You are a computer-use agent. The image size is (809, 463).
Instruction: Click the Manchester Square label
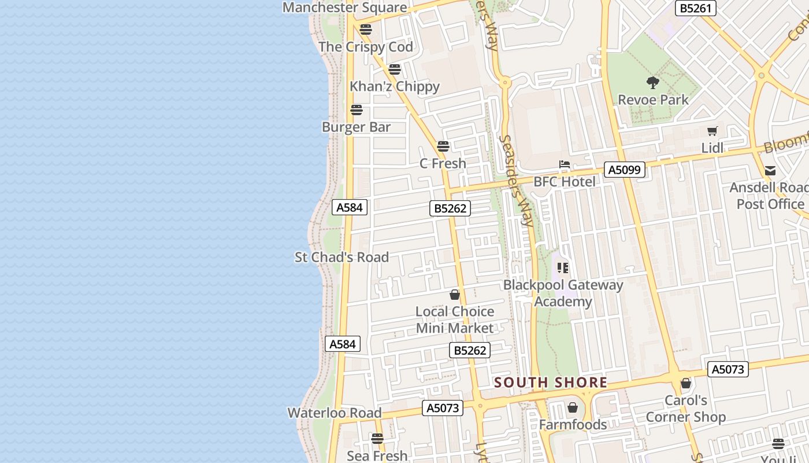(x=344, y=8)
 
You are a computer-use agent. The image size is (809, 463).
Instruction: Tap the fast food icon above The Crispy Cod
(x=365, y=30)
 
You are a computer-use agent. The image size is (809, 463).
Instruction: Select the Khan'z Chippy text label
(x=395, y=87)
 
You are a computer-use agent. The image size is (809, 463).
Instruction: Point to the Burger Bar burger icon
(x=357, y=110)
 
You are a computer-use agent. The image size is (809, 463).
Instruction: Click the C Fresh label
(x=443, y=164)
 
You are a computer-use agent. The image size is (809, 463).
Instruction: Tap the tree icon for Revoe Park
(x=653, y=83)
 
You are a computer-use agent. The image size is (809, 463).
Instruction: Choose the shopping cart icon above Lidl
(x=712, y=131)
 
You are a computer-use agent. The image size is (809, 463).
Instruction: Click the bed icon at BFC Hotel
(x=564, y=166)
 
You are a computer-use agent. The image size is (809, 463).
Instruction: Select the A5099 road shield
(x=624, y=170)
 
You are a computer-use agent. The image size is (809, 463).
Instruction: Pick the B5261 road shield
(x=696, y=8)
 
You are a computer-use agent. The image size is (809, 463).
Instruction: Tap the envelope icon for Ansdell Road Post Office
(x=770, y=171)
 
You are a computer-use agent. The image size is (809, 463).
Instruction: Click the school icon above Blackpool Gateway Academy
(x=563, y=268)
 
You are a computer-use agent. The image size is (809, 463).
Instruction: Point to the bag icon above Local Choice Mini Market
(x=455, y=295)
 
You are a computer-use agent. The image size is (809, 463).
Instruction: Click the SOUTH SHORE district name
(x=551, y=383)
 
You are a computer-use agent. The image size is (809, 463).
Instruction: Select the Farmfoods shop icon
(x=573, y=408)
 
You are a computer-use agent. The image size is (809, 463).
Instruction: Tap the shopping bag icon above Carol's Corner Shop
(x=686, y=383)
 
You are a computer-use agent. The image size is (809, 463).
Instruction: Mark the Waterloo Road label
(x=335, y=413)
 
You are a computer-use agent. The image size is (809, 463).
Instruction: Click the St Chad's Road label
(x=342, y=258)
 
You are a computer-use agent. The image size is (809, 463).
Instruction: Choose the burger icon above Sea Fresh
(x=377, y=439)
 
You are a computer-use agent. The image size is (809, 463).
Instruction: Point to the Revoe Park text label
(x=653, y=100)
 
